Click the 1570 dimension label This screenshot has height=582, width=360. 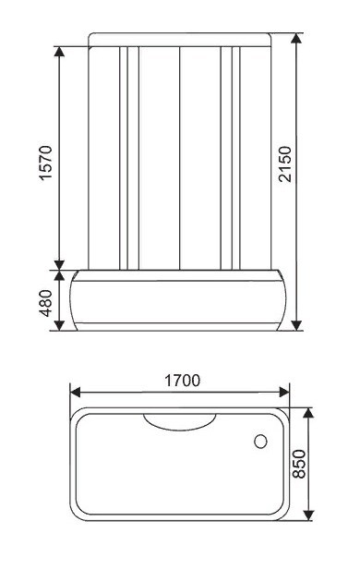click(46, 163)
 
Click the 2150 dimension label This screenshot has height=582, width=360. click(285, 164)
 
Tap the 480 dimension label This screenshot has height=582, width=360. click(46, 303)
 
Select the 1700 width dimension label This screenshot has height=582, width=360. click(182, 381)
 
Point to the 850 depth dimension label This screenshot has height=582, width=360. click(300, 464)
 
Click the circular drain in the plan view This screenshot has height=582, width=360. click(260, 441)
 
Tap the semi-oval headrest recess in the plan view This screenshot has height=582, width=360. click(180, 423)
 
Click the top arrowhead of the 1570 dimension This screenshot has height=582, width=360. click(59, 52)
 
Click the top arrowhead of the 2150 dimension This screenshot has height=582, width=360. click(296, 38)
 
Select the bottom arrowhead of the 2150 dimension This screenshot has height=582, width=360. click(296, 325)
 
